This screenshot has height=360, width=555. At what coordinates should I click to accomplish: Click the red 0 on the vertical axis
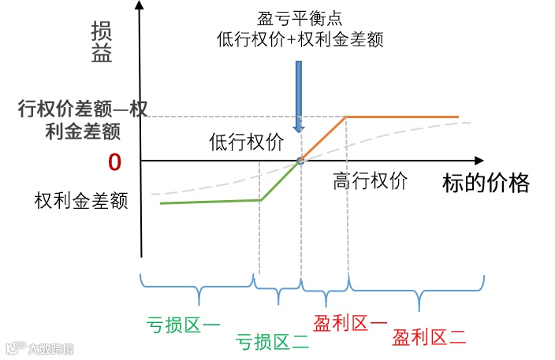[x=114, y=161]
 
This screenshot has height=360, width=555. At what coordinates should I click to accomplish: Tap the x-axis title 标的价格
[x=486, y=183]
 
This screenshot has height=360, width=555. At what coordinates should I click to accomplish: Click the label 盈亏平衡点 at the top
[x=299, y=18]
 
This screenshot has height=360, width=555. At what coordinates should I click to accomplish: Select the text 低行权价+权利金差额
[x=300, y=39]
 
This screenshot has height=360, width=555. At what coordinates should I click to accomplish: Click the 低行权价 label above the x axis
[x=245, y=141]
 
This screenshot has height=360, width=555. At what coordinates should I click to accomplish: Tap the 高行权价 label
[x=370, y=180]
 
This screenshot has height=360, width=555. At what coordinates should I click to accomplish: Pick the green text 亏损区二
[x=272, y=340]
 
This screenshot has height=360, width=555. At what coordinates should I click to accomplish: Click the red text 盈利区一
[x=350, y=322]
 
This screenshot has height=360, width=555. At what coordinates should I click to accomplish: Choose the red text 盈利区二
[x=430, y=338]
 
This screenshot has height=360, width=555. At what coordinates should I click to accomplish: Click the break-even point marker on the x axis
[x=300, y=161]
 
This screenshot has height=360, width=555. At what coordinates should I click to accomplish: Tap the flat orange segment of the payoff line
[x=402, y=117]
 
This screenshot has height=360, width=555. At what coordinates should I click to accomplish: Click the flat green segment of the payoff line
[x=210, y=202]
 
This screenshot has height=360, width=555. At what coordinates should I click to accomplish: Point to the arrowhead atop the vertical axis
[x=140, y=6]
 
